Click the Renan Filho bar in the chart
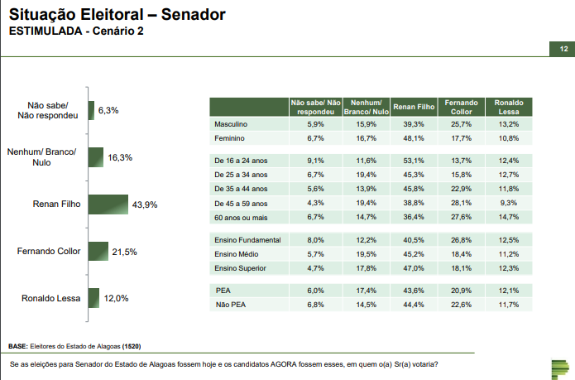[108, 204]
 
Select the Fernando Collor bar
[98, 251]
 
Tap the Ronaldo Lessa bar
[93, 298]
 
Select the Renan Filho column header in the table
[414, 107]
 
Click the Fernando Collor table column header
[461, 107]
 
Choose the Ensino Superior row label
[241, 268]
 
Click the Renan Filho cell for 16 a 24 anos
[414, 160]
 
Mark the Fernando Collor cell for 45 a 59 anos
[461, 203]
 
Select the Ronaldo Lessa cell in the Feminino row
[508, 137]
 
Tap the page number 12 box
[563, 50]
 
